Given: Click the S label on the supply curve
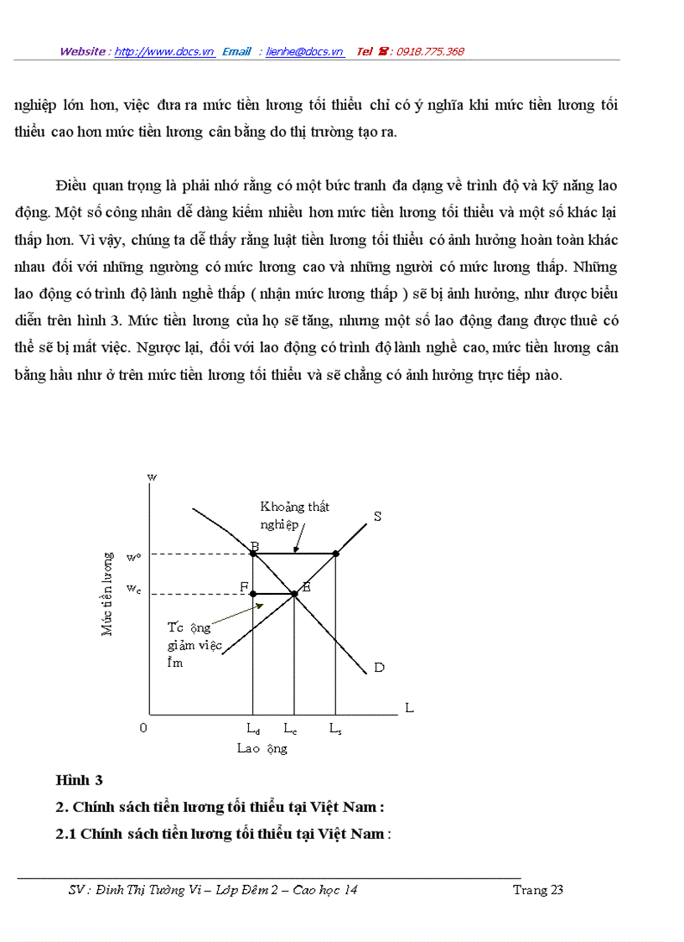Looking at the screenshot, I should click(x=377, y=517).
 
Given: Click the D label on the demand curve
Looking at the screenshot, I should click(x=379, y=668).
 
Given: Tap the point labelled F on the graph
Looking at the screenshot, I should click(x=253, y=593).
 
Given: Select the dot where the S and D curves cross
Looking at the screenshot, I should click(x=294, y=594).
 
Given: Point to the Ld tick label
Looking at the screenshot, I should click(x=252, y=729).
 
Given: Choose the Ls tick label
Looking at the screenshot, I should click(x=334, y=729).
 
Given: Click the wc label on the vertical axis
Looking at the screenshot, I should click(x=133, y=589).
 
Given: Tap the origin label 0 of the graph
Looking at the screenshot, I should click(x=143, y=728).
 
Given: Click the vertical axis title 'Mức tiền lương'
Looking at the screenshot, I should click(x=107, y=593).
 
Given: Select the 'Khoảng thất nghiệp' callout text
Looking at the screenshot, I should click(x=293, y=514).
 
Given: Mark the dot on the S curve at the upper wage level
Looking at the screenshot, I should click(x=335, y=554).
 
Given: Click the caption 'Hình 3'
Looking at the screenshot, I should click(x=79, y=780).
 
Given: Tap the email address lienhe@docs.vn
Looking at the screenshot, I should click(x=304, y=52).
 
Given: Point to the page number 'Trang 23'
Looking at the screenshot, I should click(x=537, y=890).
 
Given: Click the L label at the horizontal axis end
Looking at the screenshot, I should click(x=409, y=708).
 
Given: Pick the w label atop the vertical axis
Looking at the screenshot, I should click(x=152, y=476).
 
